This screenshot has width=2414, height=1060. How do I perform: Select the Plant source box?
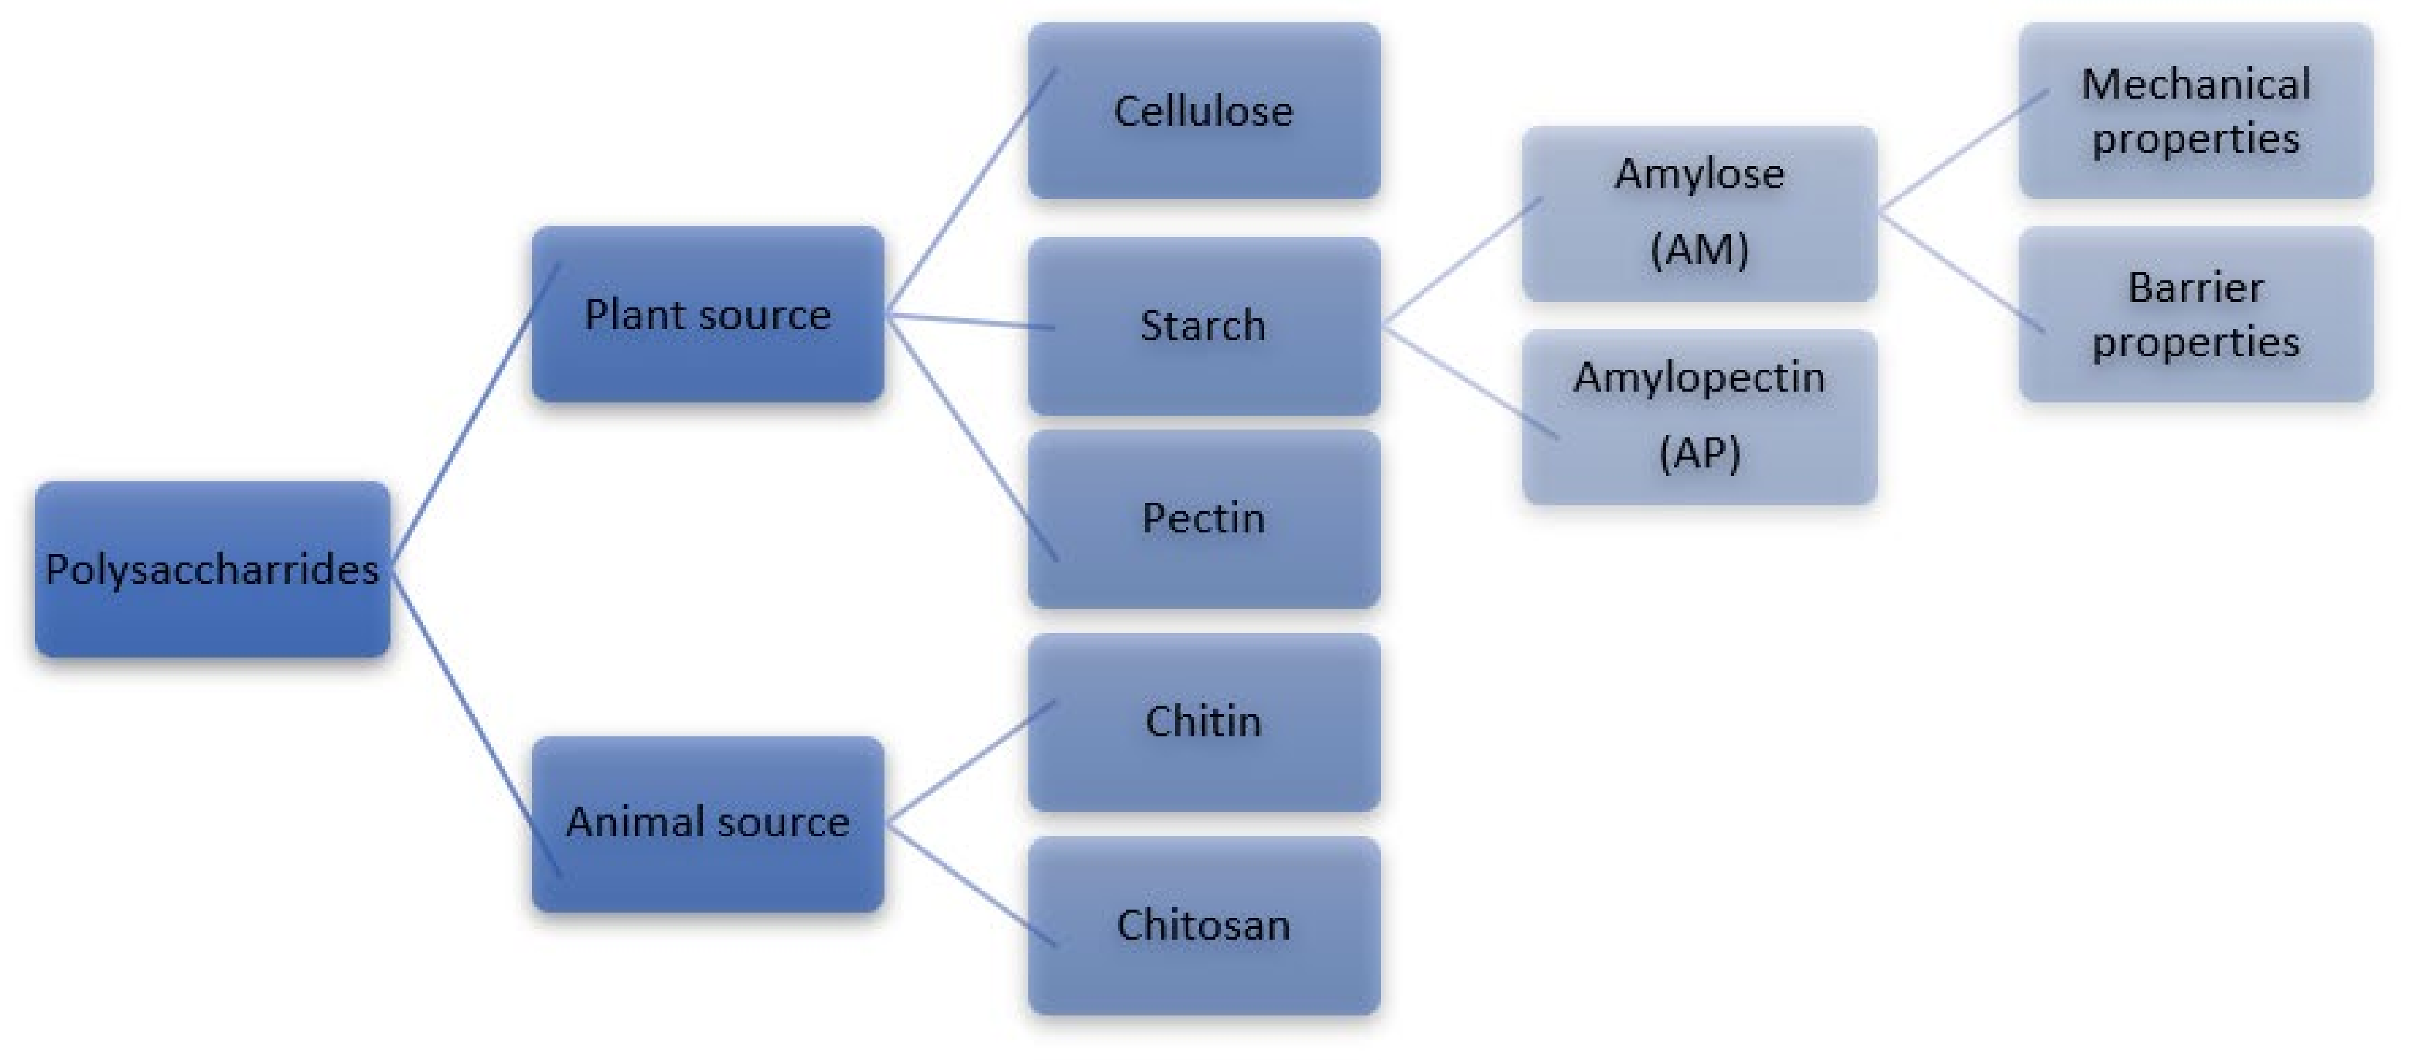(708, 315)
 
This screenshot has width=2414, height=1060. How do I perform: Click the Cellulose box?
(1203, 111)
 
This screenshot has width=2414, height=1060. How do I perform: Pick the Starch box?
(1203, 325)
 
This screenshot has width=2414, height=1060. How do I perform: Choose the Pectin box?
(1203, 519)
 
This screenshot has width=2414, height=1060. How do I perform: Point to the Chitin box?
(1203, 722)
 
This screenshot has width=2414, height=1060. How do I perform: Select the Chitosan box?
(1203, 925)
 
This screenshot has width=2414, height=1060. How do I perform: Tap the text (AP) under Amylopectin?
(1699, 454)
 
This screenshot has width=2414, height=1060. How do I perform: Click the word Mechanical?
(2196, 84)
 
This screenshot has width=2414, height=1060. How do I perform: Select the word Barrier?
(2196, 288)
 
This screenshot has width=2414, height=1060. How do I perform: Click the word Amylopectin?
(1699, 378)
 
